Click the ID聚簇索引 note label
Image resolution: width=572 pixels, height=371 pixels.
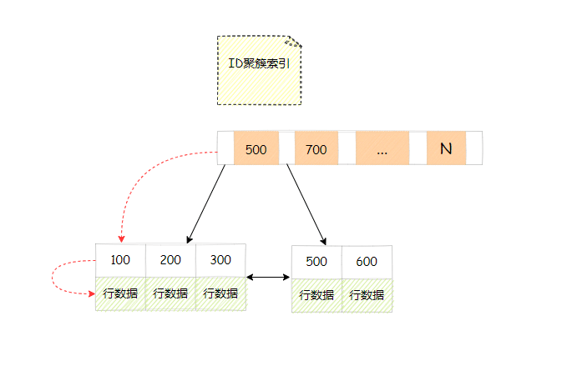coord(259,63)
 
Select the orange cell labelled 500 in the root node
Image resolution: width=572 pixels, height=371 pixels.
coord(256,149)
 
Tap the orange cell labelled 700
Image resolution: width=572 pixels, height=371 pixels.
coord(316,149)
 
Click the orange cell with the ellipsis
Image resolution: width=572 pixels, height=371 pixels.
coord(382,149)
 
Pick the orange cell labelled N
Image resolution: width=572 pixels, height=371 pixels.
coord(446,149)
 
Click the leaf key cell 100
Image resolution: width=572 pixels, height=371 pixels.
coord(120,260)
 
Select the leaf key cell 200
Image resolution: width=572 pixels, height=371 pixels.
coord(170,260)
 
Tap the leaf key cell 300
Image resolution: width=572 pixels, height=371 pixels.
coord(220,260)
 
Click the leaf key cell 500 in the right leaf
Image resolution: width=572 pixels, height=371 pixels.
coord(316,262)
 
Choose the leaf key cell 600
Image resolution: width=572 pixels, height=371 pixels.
coord(367,262)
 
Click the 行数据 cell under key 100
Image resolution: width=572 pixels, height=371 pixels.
coord(120,293)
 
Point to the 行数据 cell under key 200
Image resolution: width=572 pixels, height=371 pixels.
coord(170,293)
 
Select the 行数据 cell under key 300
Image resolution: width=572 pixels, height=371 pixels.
coord(220,293)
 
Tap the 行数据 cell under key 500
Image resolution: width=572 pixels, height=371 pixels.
coord(316,295)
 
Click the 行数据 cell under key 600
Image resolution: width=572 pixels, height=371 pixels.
coord(367,295)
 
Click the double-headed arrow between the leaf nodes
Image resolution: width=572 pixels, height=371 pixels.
coord(269,277)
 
